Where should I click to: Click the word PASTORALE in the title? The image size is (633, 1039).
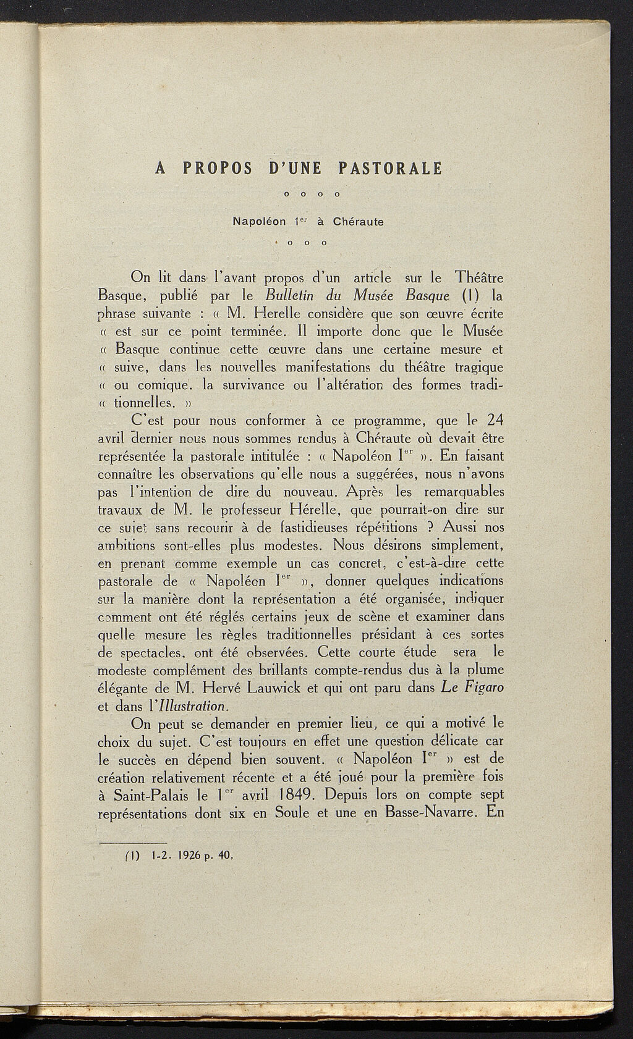[x=391, y=168]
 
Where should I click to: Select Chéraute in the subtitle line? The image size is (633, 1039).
[x=359, y=221]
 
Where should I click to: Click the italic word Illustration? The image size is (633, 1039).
[x=193, y=705]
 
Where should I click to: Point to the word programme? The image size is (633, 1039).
[x=381, y=421]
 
